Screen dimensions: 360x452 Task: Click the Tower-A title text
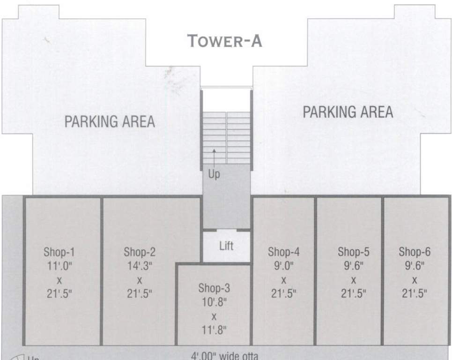pyautogui.click(x=225, y=41)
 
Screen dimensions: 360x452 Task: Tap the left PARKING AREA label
pyautogui.click(x=110, y=122)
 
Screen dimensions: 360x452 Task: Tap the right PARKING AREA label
pyautogui.click(x=348, y=112)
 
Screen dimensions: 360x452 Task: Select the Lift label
pyautogui.click(x=226, y=246)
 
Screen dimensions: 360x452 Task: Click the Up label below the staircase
pyautogui.click(x=214, y=174)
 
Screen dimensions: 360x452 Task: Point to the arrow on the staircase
pyautogui.click(x=214, y=155)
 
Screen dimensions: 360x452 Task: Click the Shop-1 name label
pyautogui.click(x=59, y=252)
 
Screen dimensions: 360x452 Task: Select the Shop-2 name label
pyautogui.click(x=140, y=252)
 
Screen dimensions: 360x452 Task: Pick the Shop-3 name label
pyautogui.click(x=214, y=288)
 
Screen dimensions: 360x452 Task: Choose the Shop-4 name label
pyautogui.click(x=283, y=252)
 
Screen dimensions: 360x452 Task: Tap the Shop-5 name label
pyautogui.click(x=354, y=252)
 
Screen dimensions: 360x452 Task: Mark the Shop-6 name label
pyautogui.click(x=415, y=252)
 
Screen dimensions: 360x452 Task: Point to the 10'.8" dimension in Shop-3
pyautogui.click(x=214, y=302)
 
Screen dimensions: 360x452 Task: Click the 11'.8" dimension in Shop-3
pyautogui.click(x=214, y=330)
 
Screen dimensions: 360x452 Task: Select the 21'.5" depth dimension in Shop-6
pyautogui.click(x=415, y=294)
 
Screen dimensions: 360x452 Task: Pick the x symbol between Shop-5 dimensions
pyautogui.click(x=354, y=280)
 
